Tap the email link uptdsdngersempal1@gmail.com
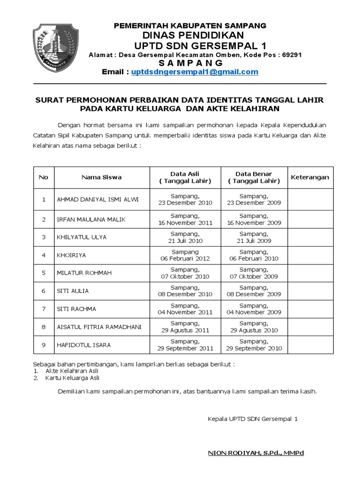tap(195, 72)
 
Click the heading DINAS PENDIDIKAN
tap(190, 36)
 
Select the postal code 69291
tap(292, 55)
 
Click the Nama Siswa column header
tap(101, 178)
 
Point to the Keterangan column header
tap(310, 178)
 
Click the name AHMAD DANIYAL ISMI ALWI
tap(97, 200)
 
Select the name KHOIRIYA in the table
tap(71, 255)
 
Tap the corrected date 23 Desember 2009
tap(254, 203)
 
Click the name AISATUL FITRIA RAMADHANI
tap(98, 327)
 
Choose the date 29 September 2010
tap(254, 348)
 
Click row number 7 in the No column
tap(44, 308)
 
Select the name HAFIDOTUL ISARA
tap(83, 345)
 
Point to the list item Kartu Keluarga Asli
tap(72, 378)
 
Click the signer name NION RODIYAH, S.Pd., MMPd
tap(255, 453)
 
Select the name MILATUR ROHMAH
tap(84, 273)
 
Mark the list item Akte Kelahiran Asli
tap(72, 371)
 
